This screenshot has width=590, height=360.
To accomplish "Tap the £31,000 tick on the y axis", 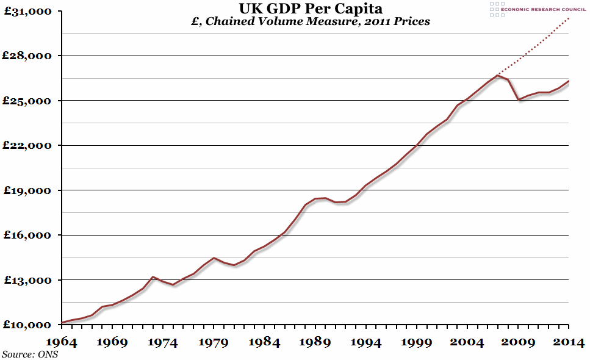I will [27, 11].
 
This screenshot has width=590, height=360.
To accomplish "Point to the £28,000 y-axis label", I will [27, 56].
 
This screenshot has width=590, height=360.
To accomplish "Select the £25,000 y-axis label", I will [27, 101].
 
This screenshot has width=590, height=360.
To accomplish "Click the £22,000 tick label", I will [27, 145].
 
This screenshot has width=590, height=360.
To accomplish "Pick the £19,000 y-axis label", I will [27, 190].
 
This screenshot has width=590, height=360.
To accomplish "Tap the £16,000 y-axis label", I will [27, 235].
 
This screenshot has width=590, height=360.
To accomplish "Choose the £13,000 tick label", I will [27, 280].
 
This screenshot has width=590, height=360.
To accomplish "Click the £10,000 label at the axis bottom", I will [27, 325].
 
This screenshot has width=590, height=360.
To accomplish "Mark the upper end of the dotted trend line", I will [568, 18].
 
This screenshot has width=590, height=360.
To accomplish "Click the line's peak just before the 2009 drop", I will [498, 75].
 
